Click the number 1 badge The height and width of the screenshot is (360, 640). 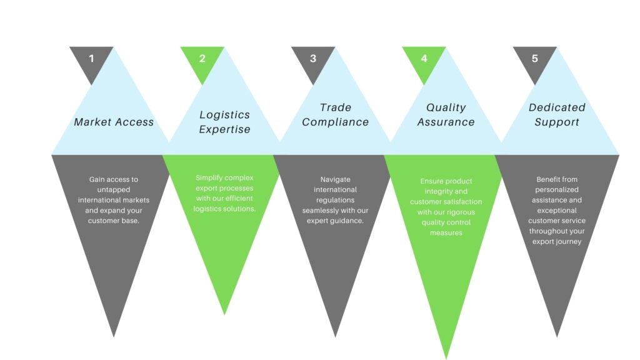91,59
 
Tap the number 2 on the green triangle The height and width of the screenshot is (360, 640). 202,59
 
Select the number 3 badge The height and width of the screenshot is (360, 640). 313,59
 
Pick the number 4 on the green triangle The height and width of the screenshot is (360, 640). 424,59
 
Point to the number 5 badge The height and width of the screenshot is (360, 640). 535,59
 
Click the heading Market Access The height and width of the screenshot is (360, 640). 114,122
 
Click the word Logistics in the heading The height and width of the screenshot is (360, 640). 224,114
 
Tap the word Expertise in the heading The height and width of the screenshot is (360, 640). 224,129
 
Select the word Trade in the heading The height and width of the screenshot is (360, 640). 336,107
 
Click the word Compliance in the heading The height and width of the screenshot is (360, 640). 336,122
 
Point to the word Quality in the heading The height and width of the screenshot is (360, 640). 446,107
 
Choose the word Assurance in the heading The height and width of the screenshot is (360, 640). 446,122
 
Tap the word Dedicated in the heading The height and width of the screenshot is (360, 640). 557,107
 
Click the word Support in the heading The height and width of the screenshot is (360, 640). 557,122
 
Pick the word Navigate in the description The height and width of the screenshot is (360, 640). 336,179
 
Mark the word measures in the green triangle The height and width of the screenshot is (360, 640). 446,232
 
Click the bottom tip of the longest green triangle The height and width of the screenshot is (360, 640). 446,357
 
